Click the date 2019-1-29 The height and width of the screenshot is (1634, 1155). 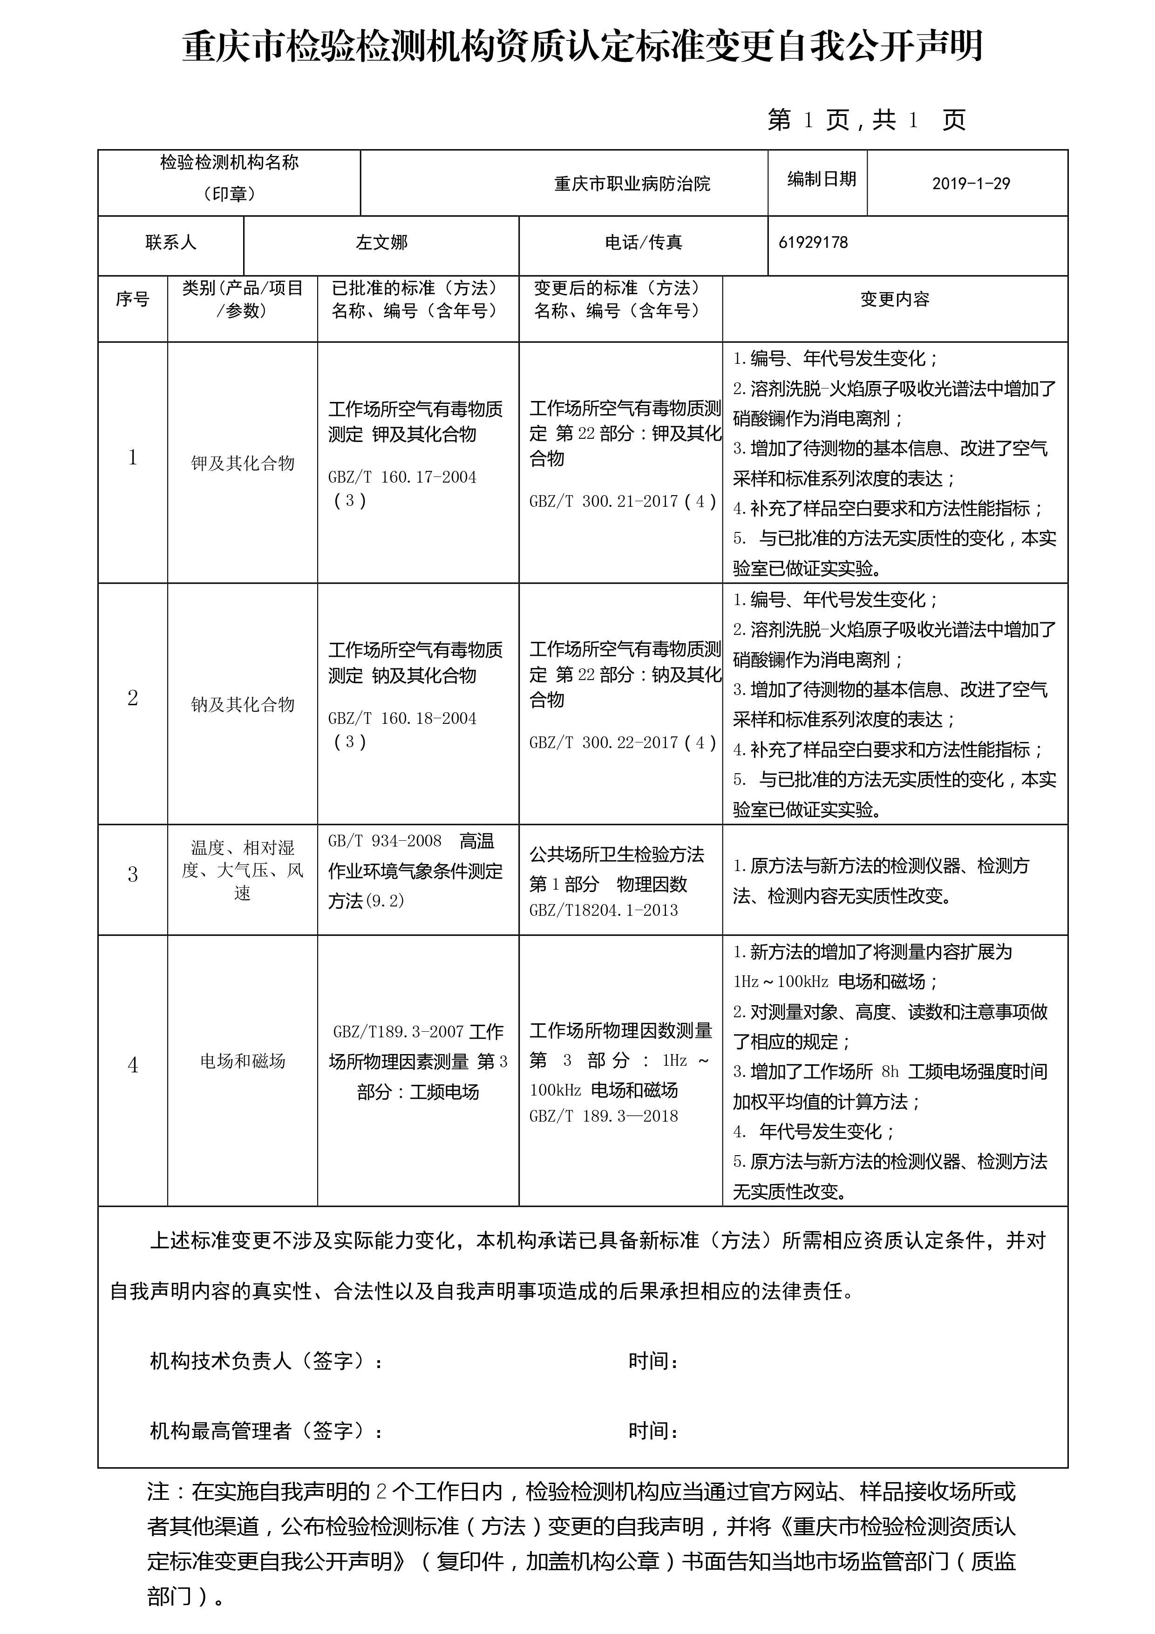click(x=971, y=184)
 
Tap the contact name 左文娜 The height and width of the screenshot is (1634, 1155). click(x=381, y=243)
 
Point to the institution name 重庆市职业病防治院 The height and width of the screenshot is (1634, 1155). click(x=632, y=184)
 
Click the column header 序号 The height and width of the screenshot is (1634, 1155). click(x=132, y=300)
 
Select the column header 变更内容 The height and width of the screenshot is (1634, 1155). click(x=895, y=300)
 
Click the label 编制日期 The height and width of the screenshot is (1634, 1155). click(x=821, y=179)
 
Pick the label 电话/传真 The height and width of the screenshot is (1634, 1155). click(x=643, y=243)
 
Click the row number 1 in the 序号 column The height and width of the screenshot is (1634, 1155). click(x=132, y=457)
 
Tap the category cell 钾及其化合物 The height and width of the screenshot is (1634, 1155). click(x=243, y=464)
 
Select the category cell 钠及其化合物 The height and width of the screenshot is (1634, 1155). click(x=243, y=705)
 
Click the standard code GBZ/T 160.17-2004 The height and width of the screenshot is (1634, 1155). click(x=402, y=477)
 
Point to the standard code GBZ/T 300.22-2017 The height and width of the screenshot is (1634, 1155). click(x=604, y=743)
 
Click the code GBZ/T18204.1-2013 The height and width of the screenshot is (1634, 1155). click(x=604, y=910)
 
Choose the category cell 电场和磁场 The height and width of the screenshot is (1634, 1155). click(x=243, y=1061)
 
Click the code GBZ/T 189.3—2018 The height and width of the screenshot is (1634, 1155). click(x=604, y=1116)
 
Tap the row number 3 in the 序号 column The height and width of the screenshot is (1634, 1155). click(x=132, y=875)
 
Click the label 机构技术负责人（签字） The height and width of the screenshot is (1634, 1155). click(x=266, y=1362)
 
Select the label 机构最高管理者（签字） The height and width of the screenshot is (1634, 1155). click(x=266, y=1431)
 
